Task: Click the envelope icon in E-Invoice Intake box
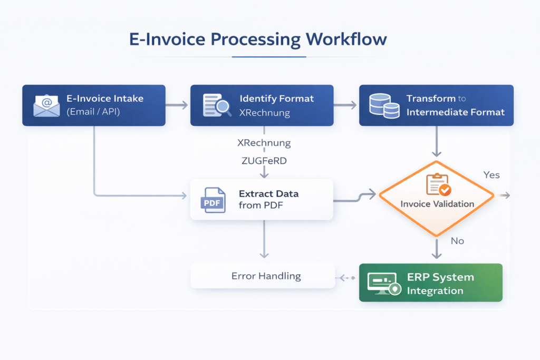click(46, 105)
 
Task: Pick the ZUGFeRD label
click(262, 161)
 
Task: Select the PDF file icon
click(213, 200)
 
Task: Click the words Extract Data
click(268, 193)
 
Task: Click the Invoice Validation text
click(437, 204)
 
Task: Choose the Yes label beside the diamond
click(491, 175)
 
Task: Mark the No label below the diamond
click(457, 240)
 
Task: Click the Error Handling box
click(262, 276)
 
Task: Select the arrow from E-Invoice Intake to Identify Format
click(177, 105)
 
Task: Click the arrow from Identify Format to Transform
click(346, 105)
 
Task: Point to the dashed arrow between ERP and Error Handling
click(346, 277)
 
